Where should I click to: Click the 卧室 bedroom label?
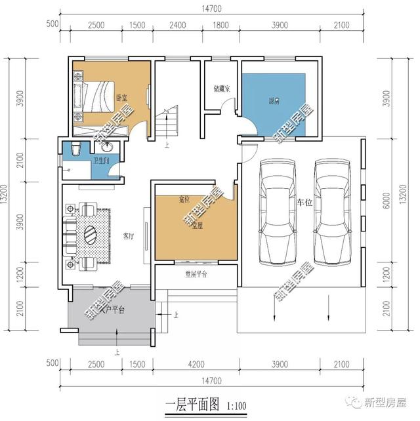(x=121, y=98)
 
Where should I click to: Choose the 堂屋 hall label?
(x=196, y=226)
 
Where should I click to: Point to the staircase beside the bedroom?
(x=168, y=123)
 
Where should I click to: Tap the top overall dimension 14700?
(x=211, y=8)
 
